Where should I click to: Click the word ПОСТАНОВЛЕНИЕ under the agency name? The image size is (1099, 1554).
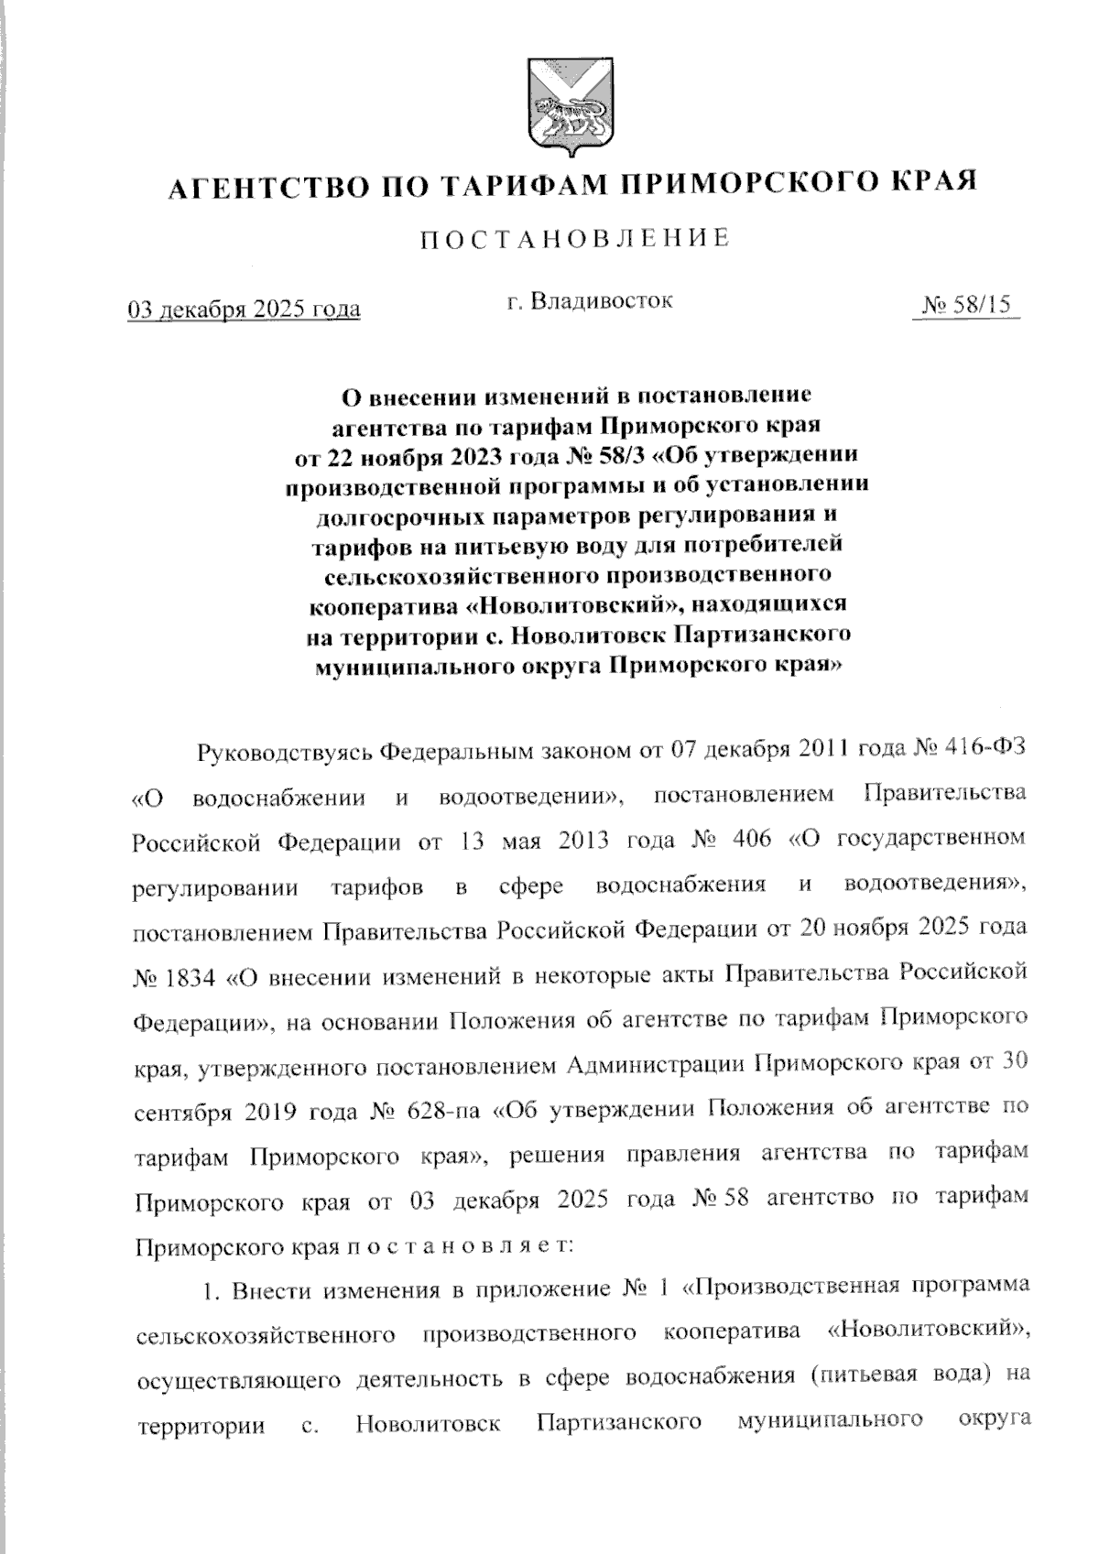(x=574, y=239)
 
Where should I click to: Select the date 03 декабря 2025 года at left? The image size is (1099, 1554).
(x=243, y=310)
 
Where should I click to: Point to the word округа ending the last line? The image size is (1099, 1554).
(x=992, y=1422)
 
